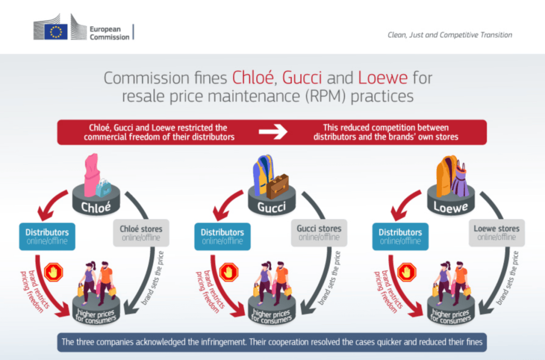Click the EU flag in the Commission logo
coord(56,31)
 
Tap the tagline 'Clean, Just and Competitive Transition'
coord(450,35)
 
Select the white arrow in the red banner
coord(273,132)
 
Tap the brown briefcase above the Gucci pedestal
coord(278,186)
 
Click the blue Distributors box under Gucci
coord(222,236)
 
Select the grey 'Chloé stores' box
coord(141,233)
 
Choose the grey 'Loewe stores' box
coord(497,233)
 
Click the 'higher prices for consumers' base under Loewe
coord(450,316)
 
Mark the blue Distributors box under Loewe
coord(400,236)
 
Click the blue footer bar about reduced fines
coord(272,342)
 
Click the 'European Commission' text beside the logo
coord(109,33)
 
